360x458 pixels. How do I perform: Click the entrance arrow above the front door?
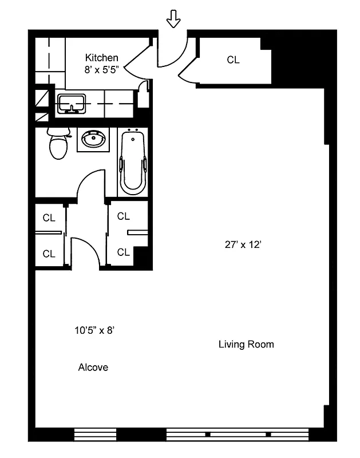(x=173, y=21)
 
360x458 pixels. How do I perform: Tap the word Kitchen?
(x=102, y=57)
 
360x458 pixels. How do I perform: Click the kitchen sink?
(x=72, y=104)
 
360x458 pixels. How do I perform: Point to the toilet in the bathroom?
(x=57, y=144)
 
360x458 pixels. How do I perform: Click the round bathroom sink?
(x=93, y=139)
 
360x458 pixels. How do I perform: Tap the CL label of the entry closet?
(x=233, y=60)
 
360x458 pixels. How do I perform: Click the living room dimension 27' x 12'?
(x=243, y=245)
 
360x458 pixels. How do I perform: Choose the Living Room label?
(x=246, y=344)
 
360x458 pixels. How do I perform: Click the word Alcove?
(x=93, y=368)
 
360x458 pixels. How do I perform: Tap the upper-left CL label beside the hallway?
(x=49, y=218)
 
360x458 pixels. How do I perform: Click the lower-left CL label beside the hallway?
(x=49, y=254)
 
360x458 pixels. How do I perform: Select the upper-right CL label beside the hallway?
(x=123, y=216)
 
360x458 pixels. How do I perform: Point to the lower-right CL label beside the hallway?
(x=123, y=252)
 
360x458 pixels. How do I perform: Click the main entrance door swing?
(x=172, y=52)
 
